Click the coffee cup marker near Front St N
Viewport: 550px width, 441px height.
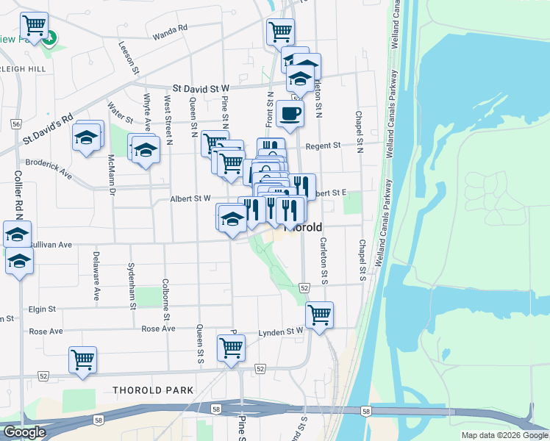(x=290, y=114)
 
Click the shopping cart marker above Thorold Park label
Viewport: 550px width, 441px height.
(x=82, y=360)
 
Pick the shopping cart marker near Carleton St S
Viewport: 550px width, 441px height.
(x=319, y=315)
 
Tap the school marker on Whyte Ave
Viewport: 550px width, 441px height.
(x=146, y=151)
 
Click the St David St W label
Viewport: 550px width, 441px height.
(x=201, y=87)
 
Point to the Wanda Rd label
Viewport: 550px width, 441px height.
(x=170, y=32)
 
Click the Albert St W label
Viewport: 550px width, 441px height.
(x=190, y=198)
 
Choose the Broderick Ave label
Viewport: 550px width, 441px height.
(x=49, y=168)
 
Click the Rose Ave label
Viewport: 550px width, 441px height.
(x=158, y=329)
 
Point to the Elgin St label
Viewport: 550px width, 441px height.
(x=43, y=310)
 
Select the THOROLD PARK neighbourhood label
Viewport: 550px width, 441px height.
(x=154, y=390)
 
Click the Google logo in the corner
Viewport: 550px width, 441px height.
(x=24, y=432)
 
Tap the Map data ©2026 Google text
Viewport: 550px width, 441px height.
(x=504, y=435)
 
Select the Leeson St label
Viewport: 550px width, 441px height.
(x=128, y=57)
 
